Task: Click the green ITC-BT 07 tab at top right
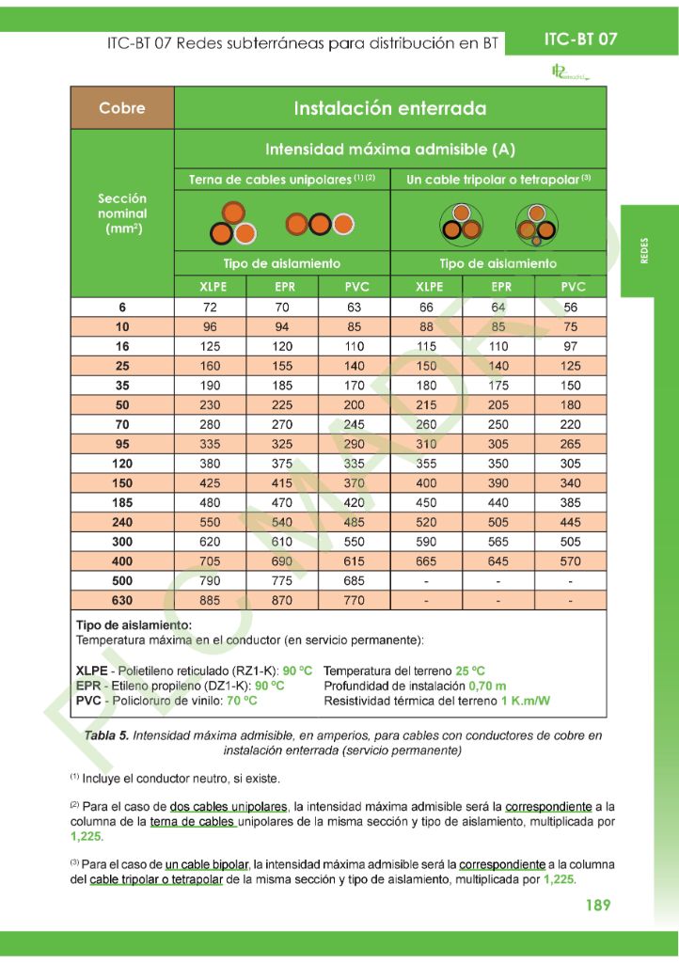point(581,39)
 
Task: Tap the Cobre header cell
point(122,108)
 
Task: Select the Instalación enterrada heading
point(390,108)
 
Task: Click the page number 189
point(597,905)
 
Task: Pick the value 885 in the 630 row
point(210,600)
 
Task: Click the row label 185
point(122,502)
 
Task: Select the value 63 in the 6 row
point(354,308)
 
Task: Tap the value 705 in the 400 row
point(210,561)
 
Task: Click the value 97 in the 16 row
point(571,346)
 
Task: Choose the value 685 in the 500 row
point(354,580)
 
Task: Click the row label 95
point(122,444)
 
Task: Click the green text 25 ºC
point(470,671)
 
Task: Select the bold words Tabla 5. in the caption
point(106,735)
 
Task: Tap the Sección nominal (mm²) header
point(122,213)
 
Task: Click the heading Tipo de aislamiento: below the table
point(133,624)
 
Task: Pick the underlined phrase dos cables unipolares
point(229,807)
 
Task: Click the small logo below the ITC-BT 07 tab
point(569,72)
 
